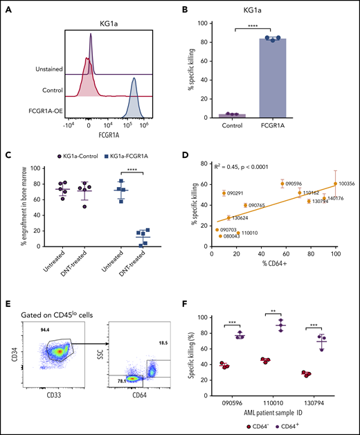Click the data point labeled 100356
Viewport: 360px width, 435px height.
pos(335,184)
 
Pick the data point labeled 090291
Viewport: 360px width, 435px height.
pos(224,193)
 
